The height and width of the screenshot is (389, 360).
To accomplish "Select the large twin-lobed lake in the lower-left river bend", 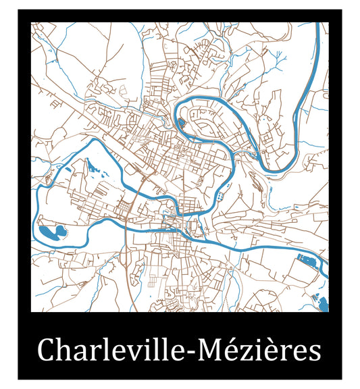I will (51, 233).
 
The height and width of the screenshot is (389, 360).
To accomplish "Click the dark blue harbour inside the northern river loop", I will (181, 123).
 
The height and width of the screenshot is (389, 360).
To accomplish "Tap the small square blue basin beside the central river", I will (220, 195).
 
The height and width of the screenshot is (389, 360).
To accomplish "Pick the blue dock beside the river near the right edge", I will (307, 259).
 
